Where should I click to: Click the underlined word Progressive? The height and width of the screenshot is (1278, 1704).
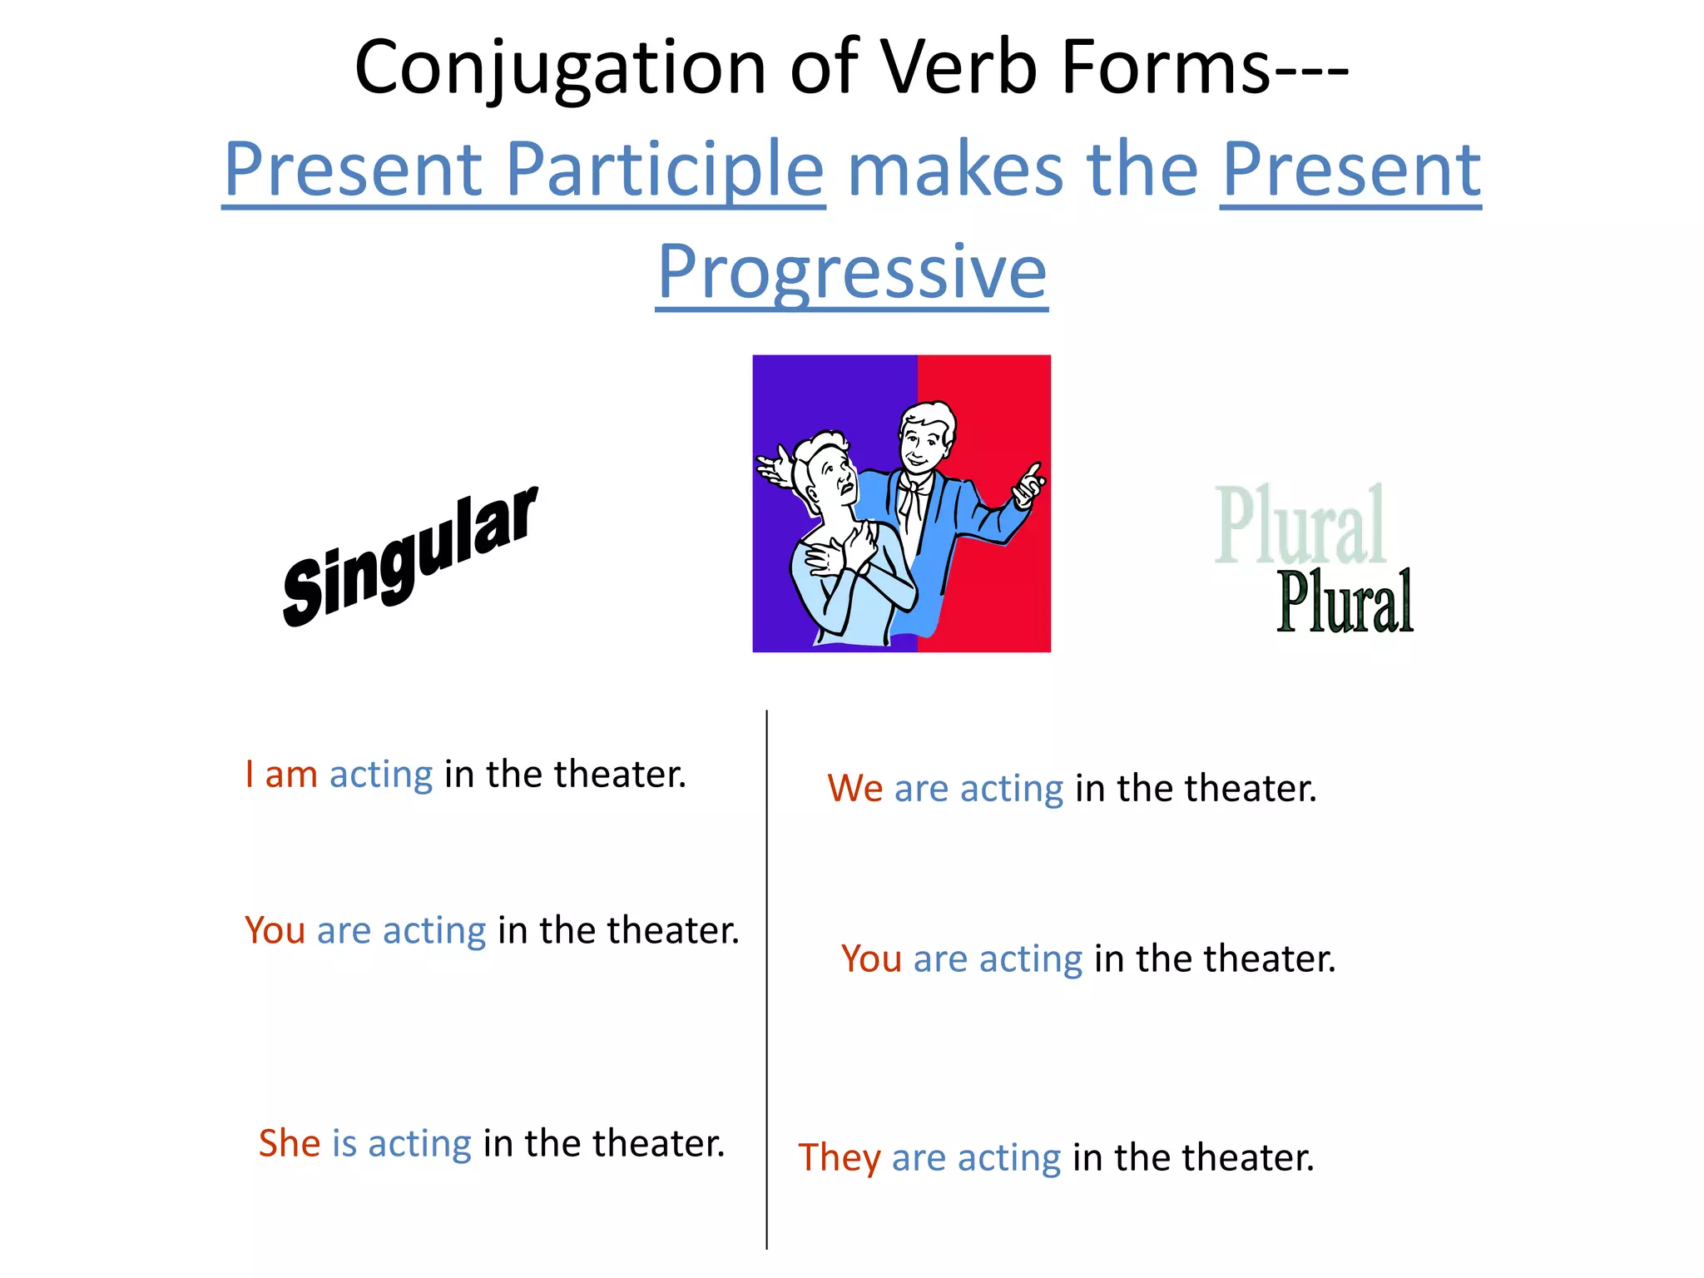click(x=851, y=272)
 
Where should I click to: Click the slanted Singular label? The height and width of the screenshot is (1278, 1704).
click(x=409, y=556)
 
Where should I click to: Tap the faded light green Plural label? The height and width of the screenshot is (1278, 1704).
click(x=1300, y=526)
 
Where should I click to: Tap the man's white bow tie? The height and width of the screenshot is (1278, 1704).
click(x=914, y=491)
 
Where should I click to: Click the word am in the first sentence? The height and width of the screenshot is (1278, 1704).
click(x=291, y=775)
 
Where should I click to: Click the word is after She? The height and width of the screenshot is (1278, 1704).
click(x=344, y=1143)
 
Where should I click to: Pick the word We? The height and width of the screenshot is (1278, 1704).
click(x=854, y=789)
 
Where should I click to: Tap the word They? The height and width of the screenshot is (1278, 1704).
click(x=839, y=1158)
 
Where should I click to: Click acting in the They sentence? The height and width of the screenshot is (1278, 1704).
click(x=1008, y=1158)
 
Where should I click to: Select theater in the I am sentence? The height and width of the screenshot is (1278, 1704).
click(x=619, y=774)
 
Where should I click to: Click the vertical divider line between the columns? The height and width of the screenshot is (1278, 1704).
click(x=766, y=982)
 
